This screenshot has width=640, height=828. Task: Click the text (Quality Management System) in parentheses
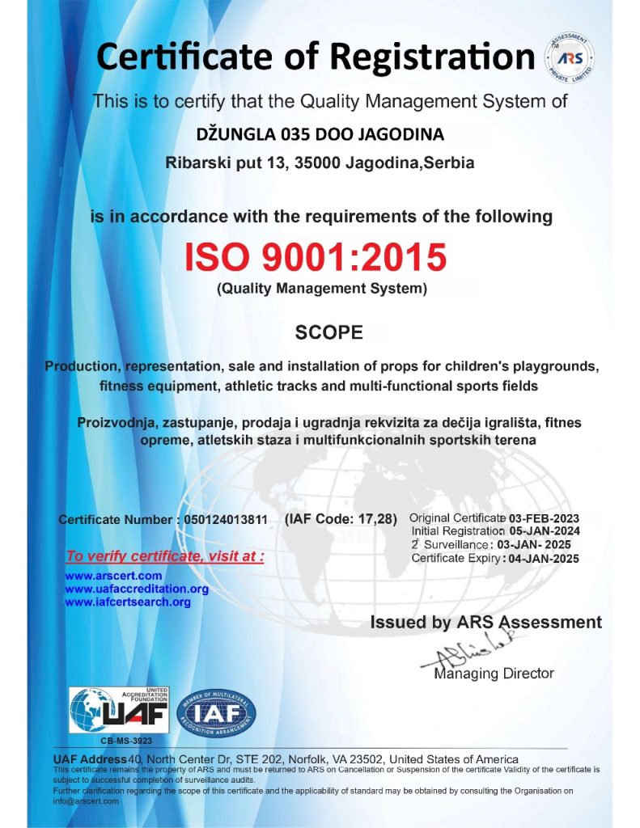point(321,288)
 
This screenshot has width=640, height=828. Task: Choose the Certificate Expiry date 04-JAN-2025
point(545,558)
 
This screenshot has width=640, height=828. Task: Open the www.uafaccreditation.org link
point(137,589)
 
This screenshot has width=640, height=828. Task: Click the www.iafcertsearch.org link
point(128,602)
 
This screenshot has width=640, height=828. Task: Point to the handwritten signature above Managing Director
point(473,655)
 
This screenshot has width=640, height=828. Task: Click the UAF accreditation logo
point(119,710)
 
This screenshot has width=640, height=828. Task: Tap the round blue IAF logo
point(216,712)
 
